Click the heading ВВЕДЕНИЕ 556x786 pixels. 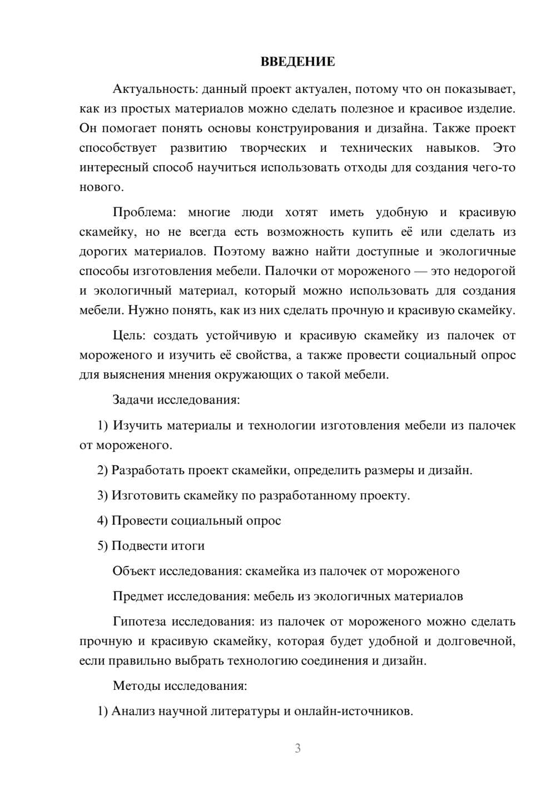297,61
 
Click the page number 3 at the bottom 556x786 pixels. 297,748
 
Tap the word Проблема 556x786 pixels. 144,212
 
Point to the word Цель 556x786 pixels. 130,335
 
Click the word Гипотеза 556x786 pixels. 139,621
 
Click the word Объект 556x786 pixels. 134,571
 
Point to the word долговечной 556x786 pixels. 475,641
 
